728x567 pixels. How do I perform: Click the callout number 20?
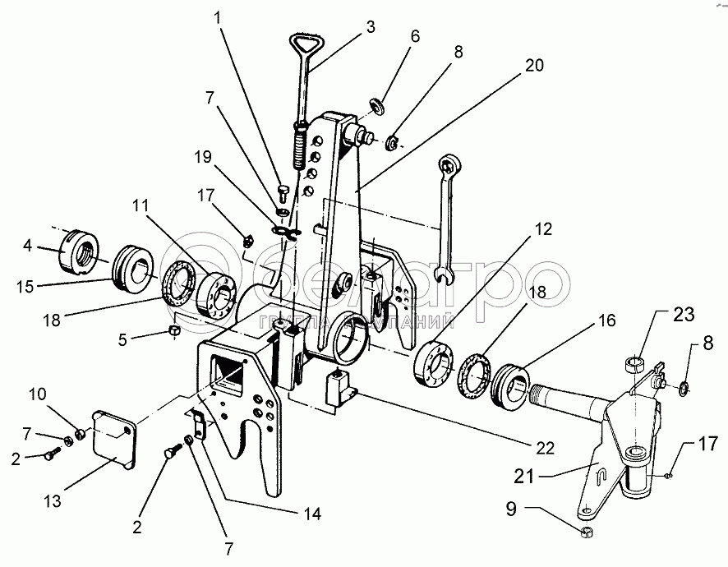click(x=534, y=65)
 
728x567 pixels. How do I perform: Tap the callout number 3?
click(x=370, y=27)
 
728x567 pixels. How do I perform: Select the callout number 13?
click(x=53, y=501)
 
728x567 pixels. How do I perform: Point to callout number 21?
click(x=525, y=476)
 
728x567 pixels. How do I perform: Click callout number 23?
click(x=684, y=315)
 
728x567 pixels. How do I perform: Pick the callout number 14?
click(x=311, y=514)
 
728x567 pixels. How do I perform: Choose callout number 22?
click(x=545, y=448)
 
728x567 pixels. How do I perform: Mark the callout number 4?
click(x=28, y=245)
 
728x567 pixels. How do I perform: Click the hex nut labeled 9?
click(x=587, y=532)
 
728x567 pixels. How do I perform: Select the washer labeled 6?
click(x=377, y=106)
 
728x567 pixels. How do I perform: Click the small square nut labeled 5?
click(x=173, y=331)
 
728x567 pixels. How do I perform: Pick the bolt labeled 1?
click(x=283, y=193)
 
